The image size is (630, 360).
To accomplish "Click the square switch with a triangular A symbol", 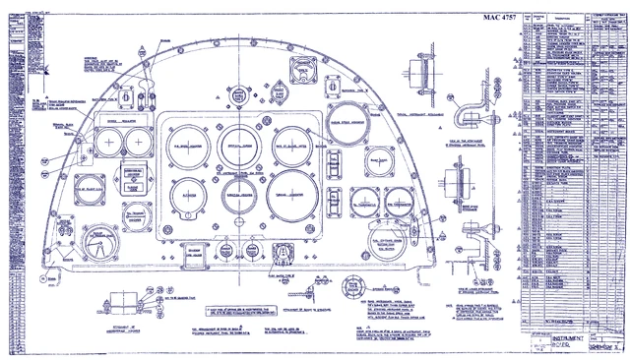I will pos(283,249).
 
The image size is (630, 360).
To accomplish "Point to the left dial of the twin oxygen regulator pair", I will pos(106,146).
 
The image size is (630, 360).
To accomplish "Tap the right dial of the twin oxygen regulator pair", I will pos(137,146).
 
